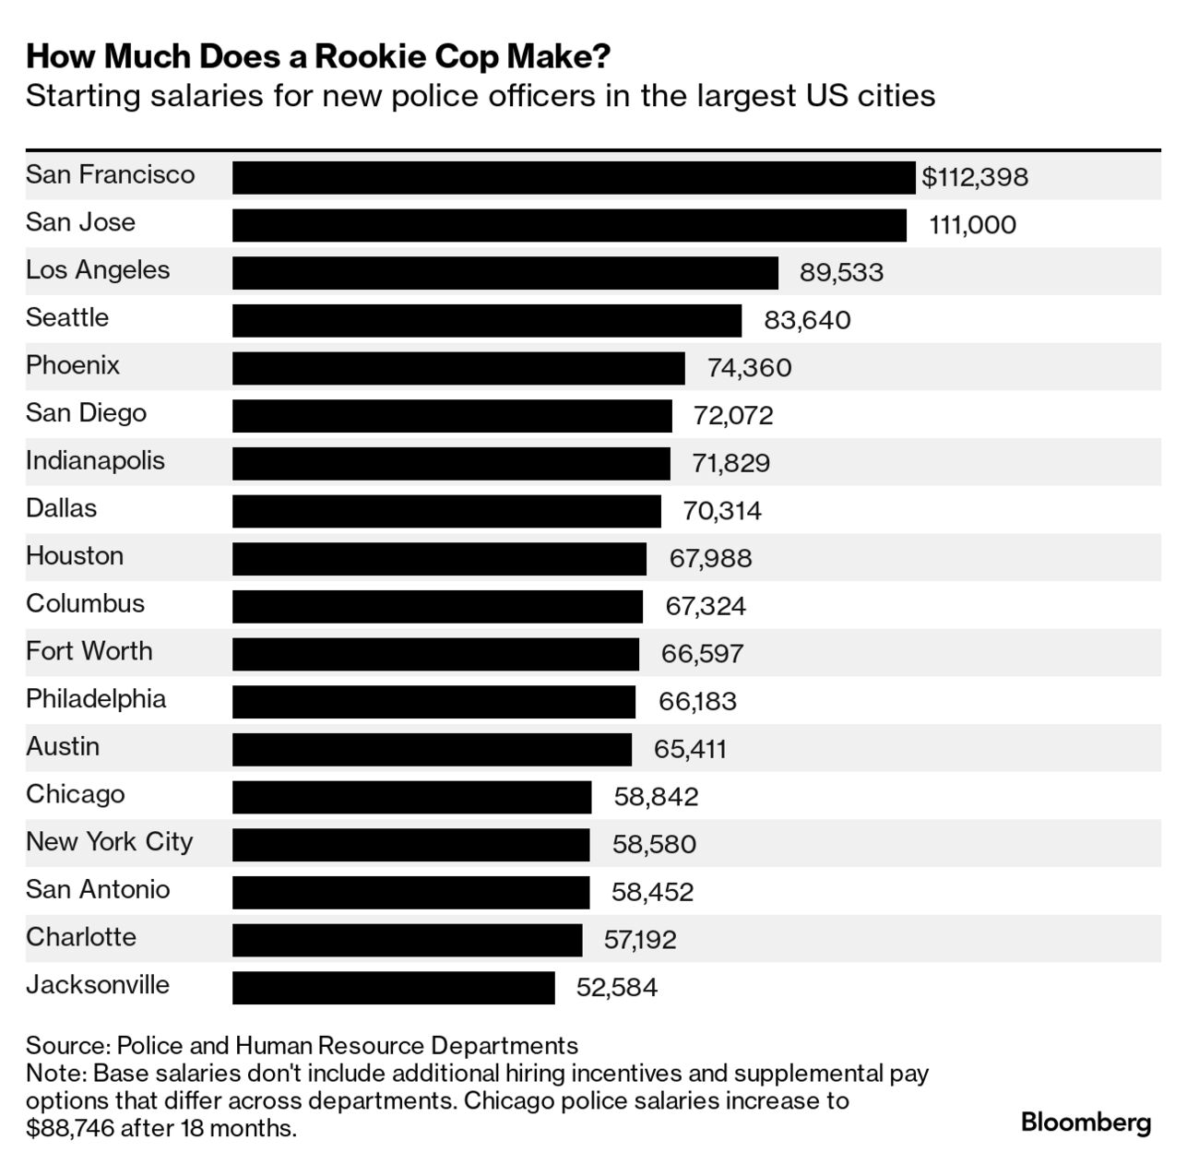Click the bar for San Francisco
coord(573,177)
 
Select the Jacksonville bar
coord(393,987)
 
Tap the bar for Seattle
coord(486,320)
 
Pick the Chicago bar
coord(411,797)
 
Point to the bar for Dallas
coord(446,511)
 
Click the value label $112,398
coord(975,177)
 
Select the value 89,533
coord(841,273)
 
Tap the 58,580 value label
coord(654,845)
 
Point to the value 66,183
coord(697,702)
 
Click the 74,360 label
coord(749,368)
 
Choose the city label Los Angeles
coord(98,270)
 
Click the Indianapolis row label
coord(95,460)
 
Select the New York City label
coord(109,842)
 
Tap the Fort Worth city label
coord(89,651)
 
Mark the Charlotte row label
coord(81,937)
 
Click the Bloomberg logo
coord(1086,1122)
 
